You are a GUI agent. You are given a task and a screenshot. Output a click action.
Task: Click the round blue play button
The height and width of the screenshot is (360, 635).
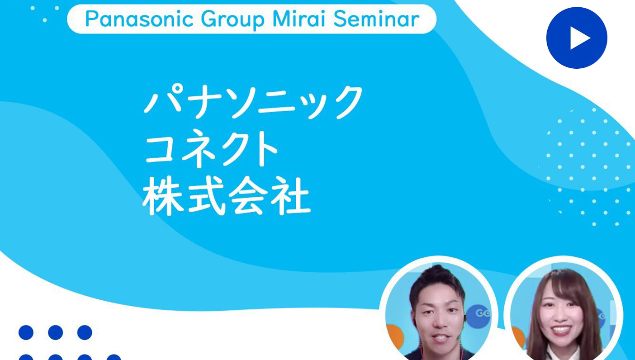[577, 38]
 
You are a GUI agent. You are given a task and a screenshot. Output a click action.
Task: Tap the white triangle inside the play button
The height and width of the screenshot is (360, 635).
[578, 38]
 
